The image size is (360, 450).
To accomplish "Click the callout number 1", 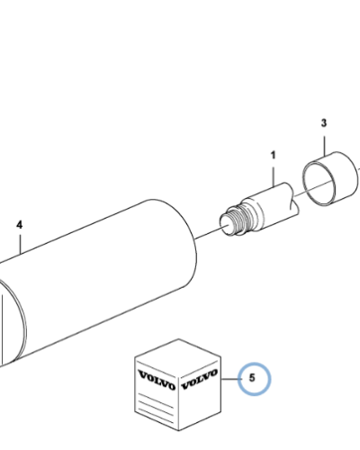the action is coord(273,156).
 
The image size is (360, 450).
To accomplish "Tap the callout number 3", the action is coord(324,123).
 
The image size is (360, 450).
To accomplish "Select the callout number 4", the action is coord(19,225).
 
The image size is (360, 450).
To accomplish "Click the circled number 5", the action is coord(252,378).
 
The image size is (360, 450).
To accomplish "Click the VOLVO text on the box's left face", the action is coord(157,380).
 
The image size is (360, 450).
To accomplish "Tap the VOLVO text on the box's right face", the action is coord(199,379).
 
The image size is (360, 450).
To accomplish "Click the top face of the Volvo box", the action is coord(178,358).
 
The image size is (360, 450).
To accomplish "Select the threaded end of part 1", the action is coord(237,220).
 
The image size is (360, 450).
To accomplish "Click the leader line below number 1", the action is coord(274,175).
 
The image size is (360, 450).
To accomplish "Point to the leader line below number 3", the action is coord(324,146).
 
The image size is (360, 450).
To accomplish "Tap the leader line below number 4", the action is coord(20,245).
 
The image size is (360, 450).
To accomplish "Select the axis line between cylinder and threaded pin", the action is coord(210,233).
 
